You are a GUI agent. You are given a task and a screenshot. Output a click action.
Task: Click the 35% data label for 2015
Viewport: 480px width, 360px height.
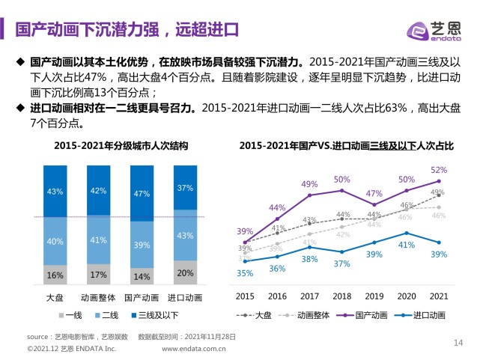pyautogui.click(x=245, y=273)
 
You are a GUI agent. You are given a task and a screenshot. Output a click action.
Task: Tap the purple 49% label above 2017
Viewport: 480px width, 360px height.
pyautogui.click(x=309, y=184)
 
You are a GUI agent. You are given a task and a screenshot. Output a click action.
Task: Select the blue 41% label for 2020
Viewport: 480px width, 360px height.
pyautogui.click(x=406, y=245)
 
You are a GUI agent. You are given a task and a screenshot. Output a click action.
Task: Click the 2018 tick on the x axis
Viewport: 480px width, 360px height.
pyautogui.click(x=342, y=296)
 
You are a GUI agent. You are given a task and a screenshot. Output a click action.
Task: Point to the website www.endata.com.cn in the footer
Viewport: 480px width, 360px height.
pyautogui.click(x=199, y=349)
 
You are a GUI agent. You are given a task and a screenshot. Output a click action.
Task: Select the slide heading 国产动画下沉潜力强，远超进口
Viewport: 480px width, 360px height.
pyautogui.click(x=127, y=29)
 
